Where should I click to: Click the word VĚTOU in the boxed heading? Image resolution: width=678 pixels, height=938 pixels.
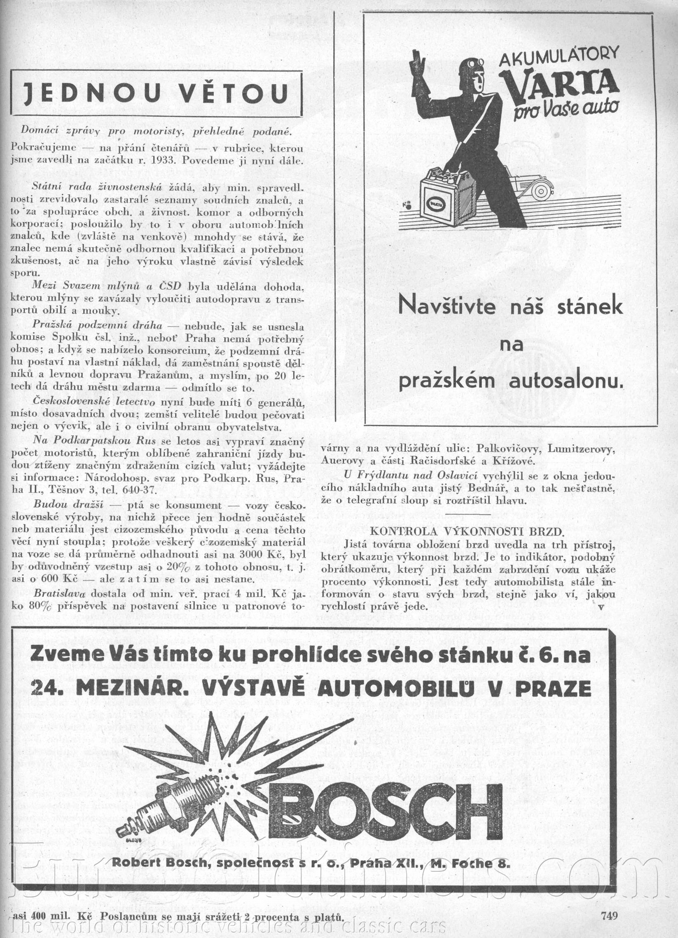click(236, 93)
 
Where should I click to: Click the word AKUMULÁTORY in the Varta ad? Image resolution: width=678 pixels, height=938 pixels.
click(559, 56)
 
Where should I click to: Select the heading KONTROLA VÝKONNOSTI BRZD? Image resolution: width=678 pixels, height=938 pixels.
click(467, 531)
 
